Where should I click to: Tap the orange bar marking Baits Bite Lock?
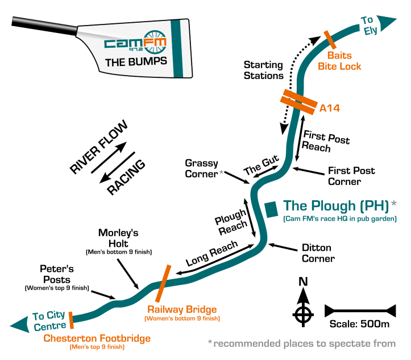coord(329,39)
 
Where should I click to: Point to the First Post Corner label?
coord(351,176)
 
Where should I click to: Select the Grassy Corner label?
coord(201,169)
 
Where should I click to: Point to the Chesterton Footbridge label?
coord(97,339)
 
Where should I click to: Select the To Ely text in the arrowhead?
coord(370,26)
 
